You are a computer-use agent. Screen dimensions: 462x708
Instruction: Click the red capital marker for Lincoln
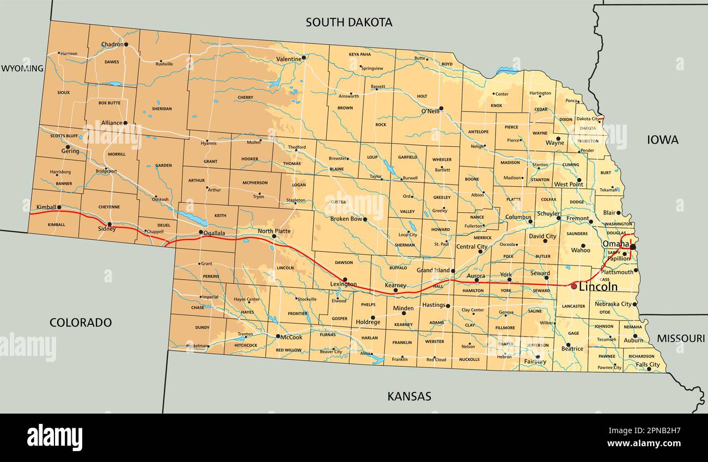(573, 286)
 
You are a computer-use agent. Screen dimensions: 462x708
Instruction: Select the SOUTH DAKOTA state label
(349, 22)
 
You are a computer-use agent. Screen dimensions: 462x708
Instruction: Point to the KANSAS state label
(409, 396)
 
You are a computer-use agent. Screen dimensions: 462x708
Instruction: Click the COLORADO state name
(81, 322)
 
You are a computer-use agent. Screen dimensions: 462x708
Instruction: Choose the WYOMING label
(22, 68)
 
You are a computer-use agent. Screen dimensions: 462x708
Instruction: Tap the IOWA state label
(662, 140)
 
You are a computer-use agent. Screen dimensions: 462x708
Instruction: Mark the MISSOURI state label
(680, 338)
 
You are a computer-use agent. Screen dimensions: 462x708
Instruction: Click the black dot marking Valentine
(304, 57)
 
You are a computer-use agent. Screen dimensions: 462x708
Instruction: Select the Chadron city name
(112, 45)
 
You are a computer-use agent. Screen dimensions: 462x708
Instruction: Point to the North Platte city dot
(274, 236)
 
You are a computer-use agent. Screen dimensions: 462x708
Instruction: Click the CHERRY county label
(245, 98)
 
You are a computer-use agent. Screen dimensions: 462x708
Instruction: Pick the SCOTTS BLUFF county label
(64, 136)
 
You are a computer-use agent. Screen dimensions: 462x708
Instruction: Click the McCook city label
(291, 336)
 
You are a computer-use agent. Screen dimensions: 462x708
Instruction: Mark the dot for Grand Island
(453, 270)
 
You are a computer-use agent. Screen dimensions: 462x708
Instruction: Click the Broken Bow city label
(346, 219)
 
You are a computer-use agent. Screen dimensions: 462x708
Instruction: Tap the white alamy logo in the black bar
(54, 437)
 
